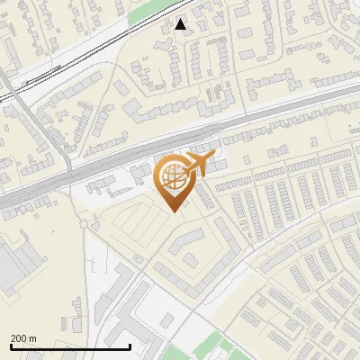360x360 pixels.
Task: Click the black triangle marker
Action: [181, 24]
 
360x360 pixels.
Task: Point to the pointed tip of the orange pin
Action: [174, 212]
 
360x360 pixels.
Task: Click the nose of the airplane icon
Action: [214, 157]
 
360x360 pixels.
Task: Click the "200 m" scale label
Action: [23, 337]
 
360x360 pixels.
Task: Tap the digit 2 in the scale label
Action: [13, 337]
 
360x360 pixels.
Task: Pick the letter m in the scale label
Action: [32, 337]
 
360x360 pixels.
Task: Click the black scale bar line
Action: [70, 346]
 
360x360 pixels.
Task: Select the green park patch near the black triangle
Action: [148, 11]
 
